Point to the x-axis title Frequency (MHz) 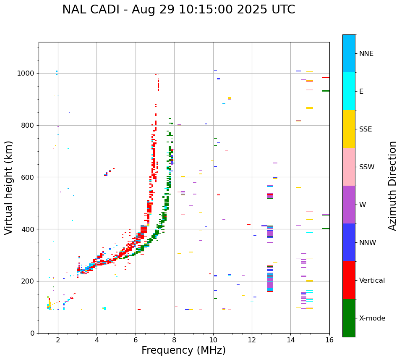click(x=183, y=350)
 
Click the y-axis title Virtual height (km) click(x=9, y=187)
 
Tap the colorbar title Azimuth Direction click(x=392, y=186)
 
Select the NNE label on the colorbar click(x=366, y=54)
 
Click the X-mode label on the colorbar click(x=372, y=318)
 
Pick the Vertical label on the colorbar click(x=372, y=281)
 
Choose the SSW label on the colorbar click(x=367, y=167)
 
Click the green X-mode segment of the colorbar click(x=349, y=318)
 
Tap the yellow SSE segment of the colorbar click(x=349, y=129)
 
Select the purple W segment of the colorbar click(x=349, y=205)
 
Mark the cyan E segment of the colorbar click(x=349, y=91)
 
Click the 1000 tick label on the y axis click(x=26, y=74)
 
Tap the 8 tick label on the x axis click(x=174, y=340)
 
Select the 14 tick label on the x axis click(x=290, y=340)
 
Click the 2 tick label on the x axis click(x=58, y=340)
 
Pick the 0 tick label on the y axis click(x=32, y=333)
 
